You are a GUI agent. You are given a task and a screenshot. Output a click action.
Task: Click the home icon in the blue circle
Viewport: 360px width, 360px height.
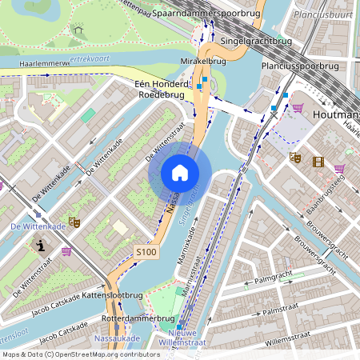point(180,173)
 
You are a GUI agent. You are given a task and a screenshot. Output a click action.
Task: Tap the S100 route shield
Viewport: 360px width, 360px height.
point(146,251)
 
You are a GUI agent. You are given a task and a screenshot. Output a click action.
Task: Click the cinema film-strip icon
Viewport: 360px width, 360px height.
point(319,162)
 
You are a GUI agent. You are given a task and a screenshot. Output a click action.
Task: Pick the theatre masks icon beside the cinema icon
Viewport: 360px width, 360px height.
point(294,158)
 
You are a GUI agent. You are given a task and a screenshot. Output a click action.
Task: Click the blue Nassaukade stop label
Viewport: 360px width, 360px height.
point(117,338)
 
